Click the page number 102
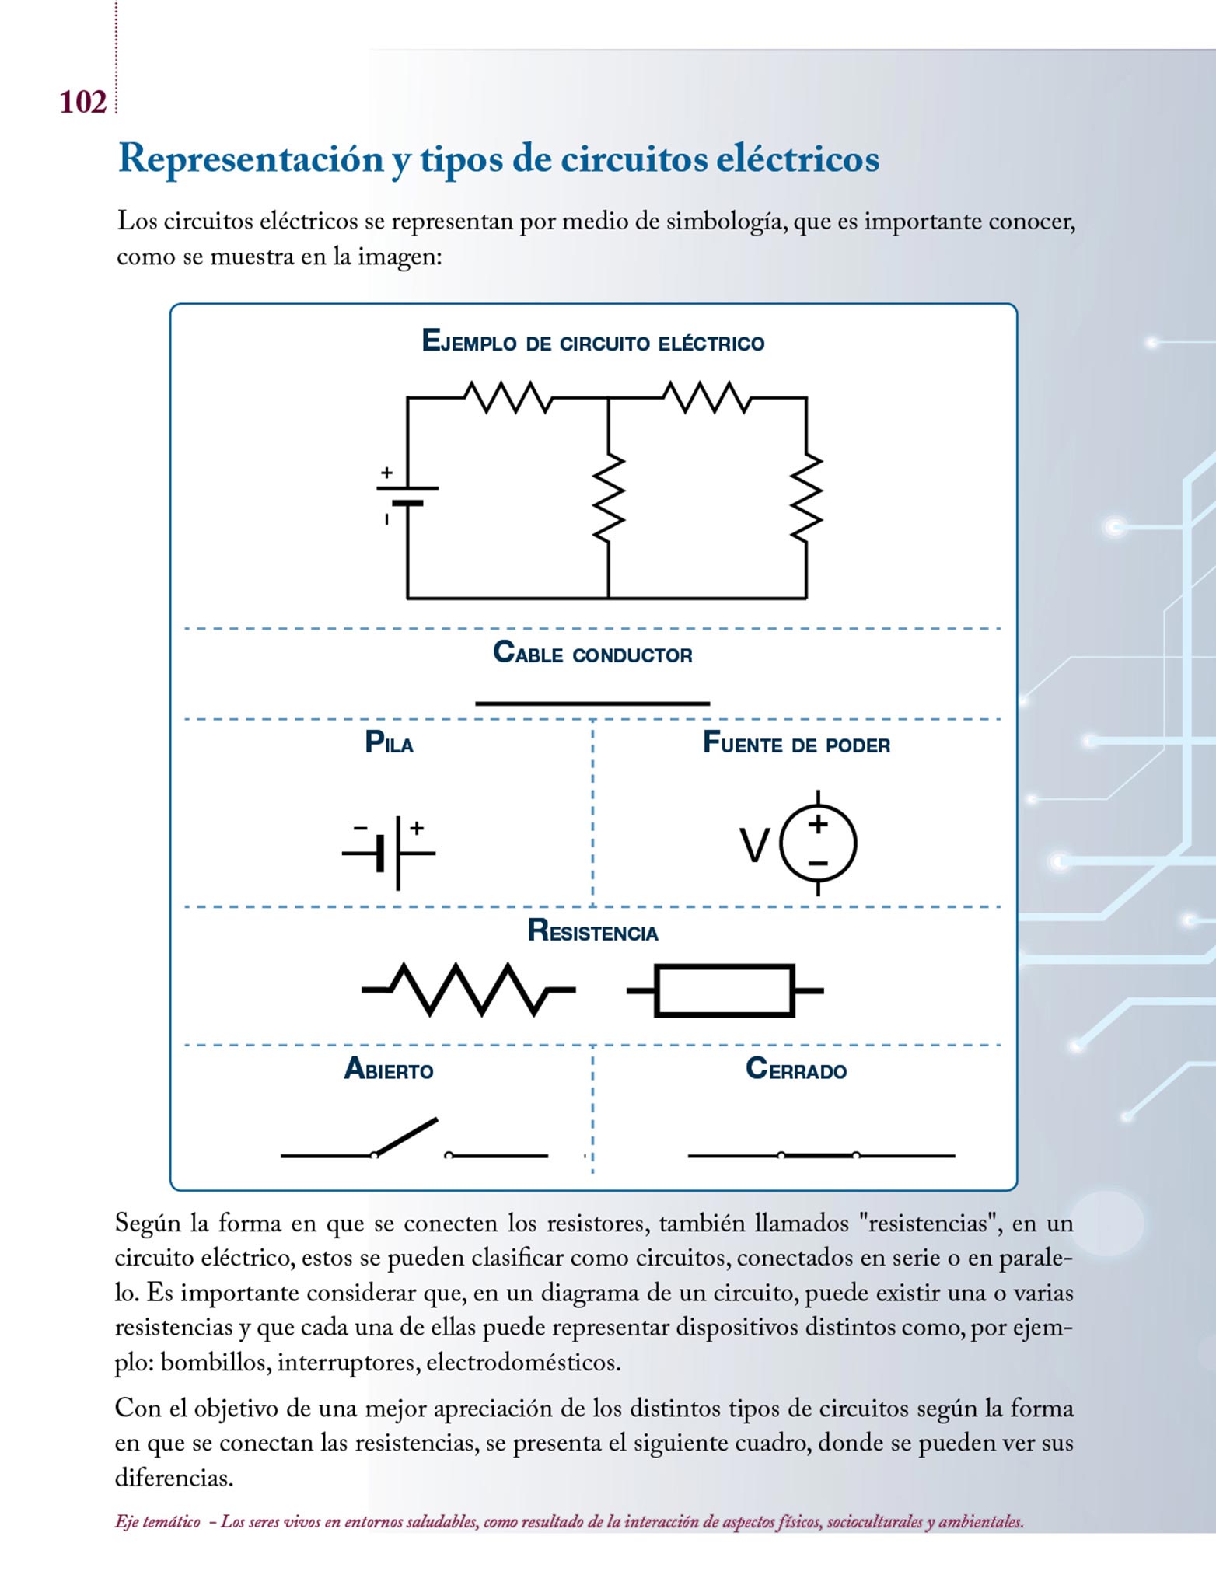point(82,103)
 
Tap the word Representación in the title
point(250,159)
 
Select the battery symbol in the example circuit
point(407,495)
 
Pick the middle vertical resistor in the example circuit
point(608,497)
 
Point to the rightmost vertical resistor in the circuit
point(806,497)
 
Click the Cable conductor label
point(592,653)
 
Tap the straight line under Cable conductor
point(592,703)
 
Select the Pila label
point(389,743)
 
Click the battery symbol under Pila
point(390,852)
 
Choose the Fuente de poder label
point(796,743)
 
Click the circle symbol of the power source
point(818,843)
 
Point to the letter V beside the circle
point(753,846)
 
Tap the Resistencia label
point(592,931)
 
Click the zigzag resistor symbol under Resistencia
point(468,990)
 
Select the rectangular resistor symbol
point(725,990)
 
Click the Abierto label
point(389,1070)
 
